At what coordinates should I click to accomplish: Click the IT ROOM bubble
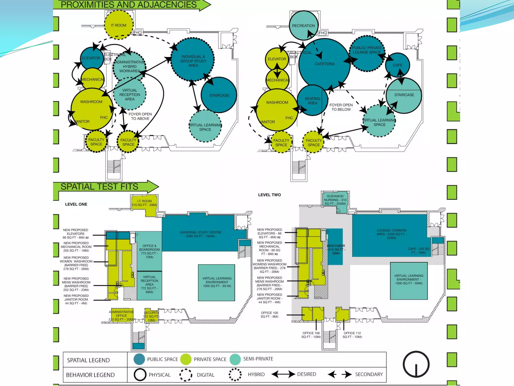point(119,25)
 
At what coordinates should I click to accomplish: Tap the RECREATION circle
point(303,25)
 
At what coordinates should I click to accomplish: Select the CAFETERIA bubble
point(324,64)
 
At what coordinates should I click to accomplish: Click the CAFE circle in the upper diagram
point(398,65)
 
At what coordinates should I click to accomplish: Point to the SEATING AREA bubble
point(312,101)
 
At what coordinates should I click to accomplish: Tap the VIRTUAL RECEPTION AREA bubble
point(130,94)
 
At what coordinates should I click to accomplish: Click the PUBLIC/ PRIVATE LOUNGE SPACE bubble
point(367,50)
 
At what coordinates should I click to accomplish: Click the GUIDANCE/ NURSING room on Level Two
point(335,200)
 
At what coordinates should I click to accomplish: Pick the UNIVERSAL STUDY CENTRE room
point(200,234)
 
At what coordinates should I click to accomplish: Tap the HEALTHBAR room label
point(336,249)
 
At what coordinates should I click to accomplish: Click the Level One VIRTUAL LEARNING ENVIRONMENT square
point(217,282)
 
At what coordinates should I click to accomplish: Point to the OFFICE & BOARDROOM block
point(149,251)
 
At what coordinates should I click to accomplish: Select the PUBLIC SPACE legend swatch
point(139,359)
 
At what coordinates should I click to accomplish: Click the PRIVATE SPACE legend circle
point(186,359)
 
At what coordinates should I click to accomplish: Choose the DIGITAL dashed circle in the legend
point(186,375)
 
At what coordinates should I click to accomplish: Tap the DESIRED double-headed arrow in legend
point(283,374)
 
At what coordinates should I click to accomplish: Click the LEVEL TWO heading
point(269,195)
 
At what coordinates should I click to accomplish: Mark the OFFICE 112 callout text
point(352,335)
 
